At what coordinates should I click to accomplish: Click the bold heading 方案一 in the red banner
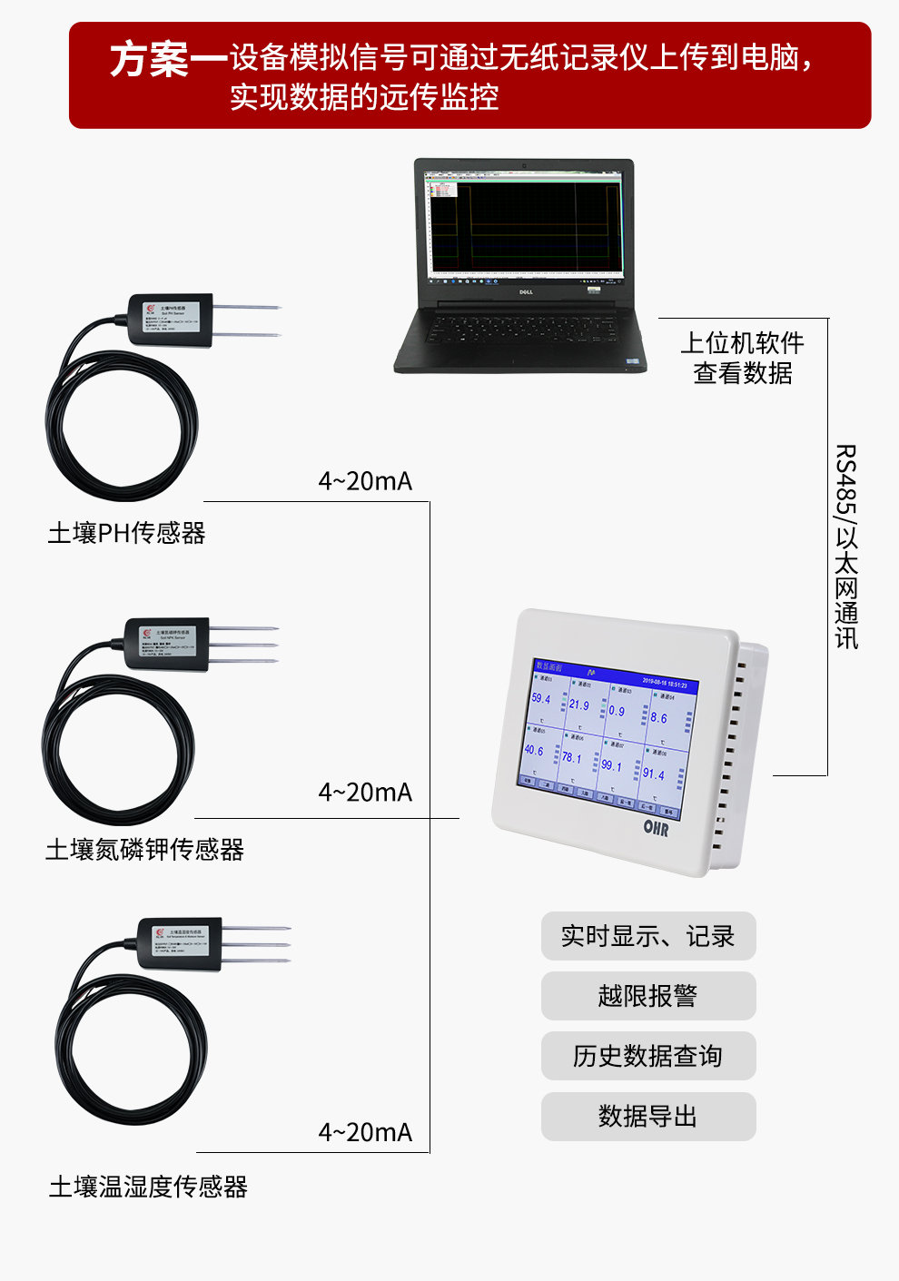tap(168, 60)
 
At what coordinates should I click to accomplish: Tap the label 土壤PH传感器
tap(126, 533)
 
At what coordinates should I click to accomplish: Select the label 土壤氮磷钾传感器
tap(144, 850)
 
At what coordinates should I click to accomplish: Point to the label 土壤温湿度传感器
tap(148, 1187)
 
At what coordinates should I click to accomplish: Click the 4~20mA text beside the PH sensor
tap(365, 481)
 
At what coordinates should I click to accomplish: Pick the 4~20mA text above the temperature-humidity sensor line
tap(365, 1132)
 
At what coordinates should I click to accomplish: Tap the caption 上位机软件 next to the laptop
tap(742, 343)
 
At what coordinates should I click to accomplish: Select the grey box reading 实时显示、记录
tap(647, 936)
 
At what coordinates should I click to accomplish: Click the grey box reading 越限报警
tap(647, 996)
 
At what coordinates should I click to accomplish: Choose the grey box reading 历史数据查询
tap(647, 1056)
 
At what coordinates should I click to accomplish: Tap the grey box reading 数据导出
tap(647, 1116)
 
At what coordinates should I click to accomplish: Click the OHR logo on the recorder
tap(656, 827)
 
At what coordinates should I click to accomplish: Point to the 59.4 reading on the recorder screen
tap(541, 699)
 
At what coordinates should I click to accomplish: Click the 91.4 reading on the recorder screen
tap(654, 774)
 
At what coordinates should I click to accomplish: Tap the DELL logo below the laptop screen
tap(525, 292)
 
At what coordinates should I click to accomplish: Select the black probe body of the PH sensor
tap(171, 319)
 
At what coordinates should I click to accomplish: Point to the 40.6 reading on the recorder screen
tap(534, 751)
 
